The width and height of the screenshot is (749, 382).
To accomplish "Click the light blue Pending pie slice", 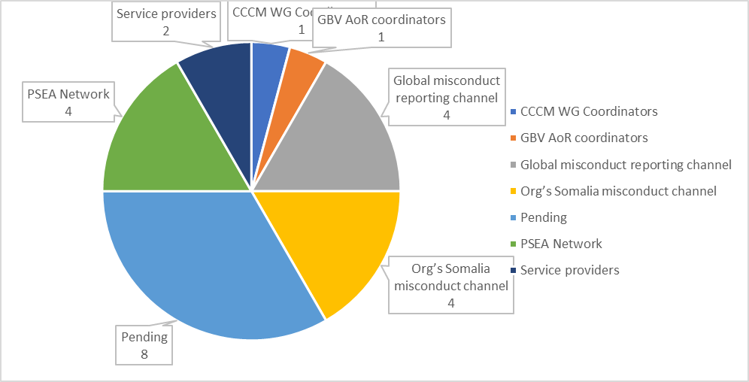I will (203, 263).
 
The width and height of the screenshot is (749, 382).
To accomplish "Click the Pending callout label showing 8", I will (144, 345).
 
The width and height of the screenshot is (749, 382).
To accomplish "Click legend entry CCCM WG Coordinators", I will (589, 111).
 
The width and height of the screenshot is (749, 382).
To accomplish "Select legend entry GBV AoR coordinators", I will (584, 138).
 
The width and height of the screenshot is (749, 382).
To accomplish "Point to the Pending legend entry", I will (543, 217).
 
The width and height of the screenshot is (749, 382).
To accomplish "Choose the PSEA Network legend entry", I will (561, 244).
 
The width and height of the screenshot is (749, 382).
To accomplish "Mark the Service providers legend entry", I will (569, 269).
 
